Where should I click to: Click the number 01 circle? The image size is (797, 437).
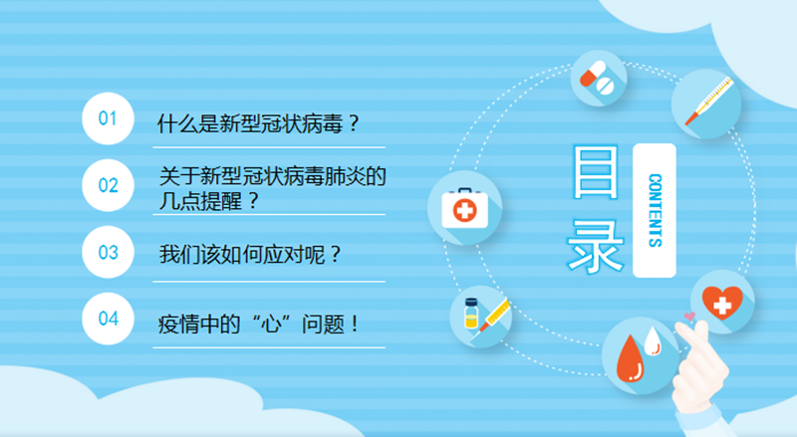tap(108, 118)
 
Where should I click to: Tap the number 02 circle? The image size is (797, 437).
tap(108, 185)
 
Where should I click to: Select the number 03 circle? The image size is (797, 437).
tap(108, 252)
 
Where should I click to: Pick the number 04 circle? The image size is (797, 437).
tap(108, 319)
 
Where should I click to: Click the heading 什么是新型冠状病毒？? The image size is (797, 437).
tap(259, 123)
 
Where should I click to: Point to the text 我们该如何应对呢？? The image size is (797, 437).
tap(250, 254)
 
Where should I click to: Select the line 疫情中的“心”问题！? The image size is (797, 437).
tap(259, 324)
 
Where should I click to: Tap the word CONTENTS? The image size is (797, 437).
tap(656, 210)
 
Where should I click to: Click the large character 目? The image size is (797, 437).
tap(595, 172)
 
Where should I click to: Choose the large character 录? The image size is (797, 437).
tap(595, 246)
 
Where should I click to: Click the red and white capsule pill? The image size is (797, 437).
tap(592, 75)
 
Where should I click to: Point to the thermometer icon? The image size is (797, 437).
tap(707, 102)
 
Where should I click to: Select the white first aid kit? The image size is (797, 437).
tap(464, 208)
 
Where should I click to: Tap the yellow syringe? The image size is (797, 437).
tap(493, 315)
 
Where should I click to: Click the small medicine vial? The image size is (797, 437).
tap(471, 313)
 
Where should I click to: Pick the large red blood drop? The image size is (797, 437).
tap(630, 358)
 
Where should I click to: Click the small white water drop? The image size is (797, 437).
tap(653, 341)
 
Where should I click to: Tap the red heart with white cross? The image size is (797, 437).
tap(722, 303)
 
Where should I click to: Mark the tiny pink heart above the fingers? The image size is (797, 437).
tap(689, 317)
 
